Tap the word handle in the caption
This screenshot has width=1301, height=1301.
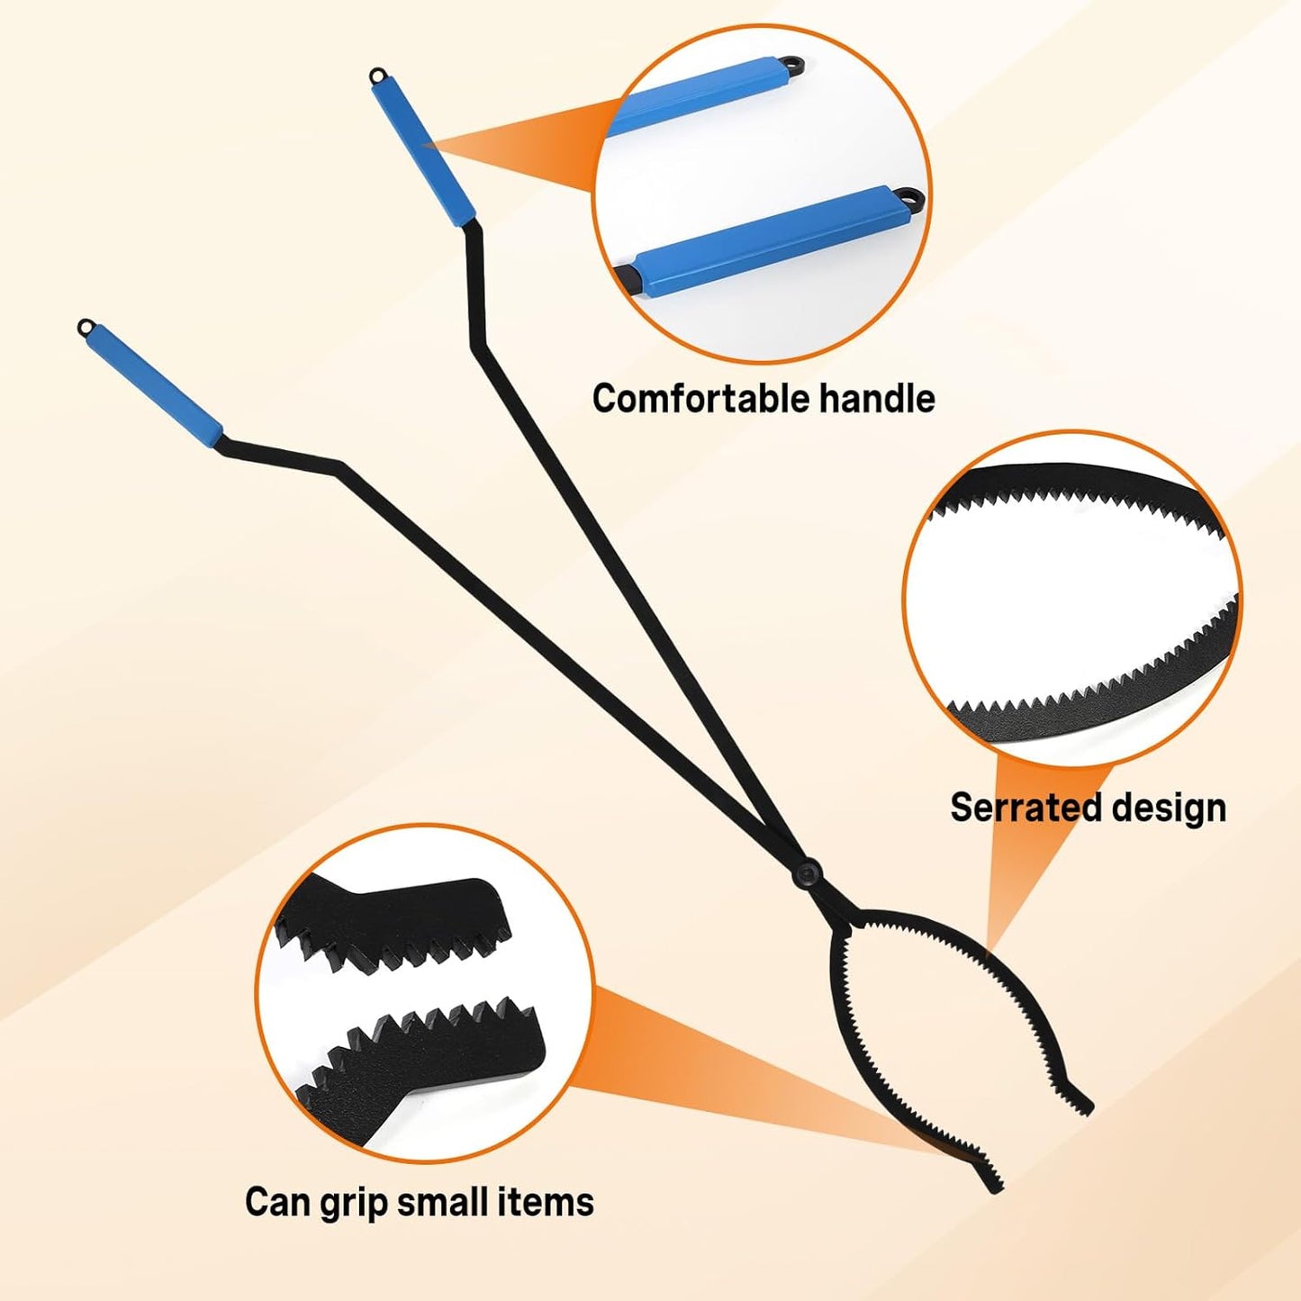pos(877,399)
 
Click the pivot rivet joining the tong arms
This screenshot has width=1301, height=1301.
pos(806,874)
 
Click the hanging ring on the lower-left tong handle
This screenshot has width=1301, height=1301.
pos(85,327)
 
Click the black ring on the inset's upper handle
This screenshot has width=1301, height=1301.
pos(798,65)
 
